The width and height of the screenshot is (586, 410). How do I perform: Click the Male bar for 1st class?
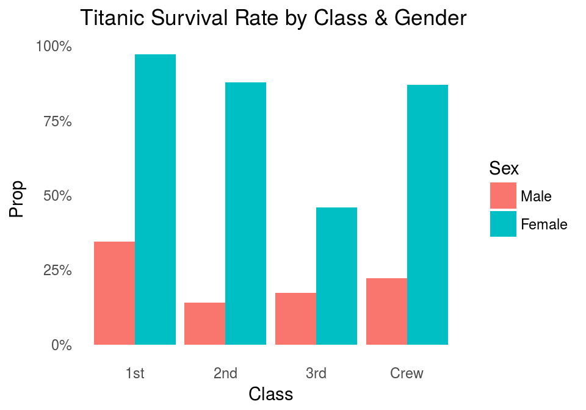pos(114,293)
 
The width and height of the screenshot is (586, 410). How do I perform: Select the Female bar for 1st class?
pos(155,200)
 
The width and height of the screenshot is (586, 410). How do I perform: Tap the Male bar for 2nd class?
pos(204,324)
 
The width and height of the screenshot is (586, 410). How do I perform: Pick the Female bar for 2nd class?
pos(245,214)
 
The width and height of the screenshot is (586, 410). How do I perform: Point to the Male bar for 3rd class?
pos(295,319)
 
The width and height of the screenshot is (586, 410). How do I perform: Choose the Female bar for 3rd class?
pos(336,276)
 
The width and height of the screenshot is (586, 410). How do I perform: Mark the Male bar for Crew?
pos(386,312)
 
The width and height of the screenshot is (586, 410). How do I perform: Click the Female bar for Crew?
pos(427,215)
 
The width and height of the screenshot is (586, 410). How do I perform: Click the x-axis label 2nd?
pos(225,373)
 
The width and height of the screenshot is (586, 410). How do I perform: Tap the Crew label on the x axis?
pos(407,373)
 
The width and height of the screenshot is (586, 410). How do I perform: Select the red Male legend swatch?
pos(503,196)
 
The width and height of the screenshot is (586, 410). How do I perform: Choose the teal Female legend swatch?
pos(503,224)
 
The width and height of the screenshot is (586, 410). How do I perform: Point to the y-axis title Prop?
pos(17,199)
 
